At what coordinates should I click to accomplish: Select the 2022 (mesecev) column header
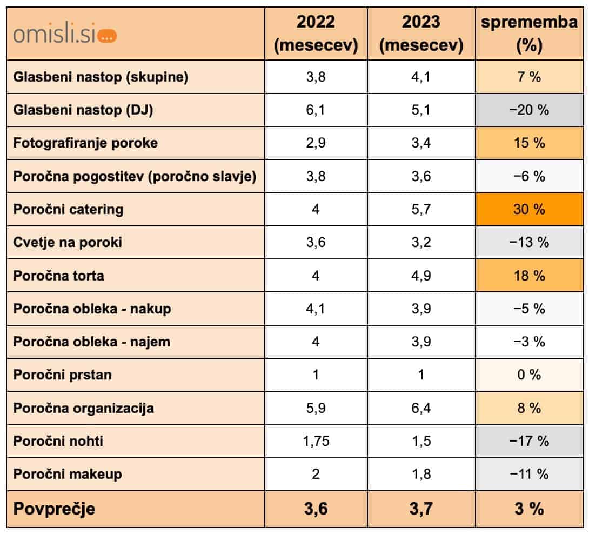[316, 34]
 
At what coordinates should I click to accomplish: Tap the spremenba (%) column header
[529, 34]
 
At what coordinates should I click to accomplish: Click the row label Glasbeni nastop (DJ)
[83, 110]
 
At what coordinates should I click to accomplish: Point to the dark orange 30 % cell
[529, 209]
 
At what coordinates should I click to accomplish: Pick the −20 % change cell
[529, 110]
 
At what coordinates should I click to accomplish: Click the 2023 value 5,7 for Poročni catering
[421, 209]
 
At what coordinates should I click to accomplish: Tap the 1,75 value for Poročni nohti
[316, 441]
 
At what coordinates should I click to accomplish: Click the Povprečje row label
[54, 509]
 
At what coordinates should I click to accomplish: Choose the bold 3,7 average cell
[421, 509]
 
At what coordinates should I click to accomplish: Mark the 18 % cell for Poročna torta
[529, 276]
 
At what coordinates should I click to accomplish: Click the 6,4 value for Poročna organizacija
[421, 408]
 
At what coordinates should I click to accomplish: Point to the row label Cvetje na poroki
[68, 242]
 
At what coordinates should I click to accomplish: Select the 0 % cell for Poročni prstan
[529, 375]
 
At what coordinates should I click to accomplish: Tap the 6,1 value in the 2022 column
[316, 110]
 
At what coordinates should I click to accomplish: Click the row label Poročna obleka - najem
[92, 342]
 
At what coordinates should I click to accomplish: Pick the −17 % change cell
[529, 441]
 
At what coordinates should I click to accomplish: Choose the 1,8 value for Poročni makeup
[421, 474]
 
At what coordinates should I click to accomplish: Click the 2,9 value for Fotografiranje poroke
[316, 143]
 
